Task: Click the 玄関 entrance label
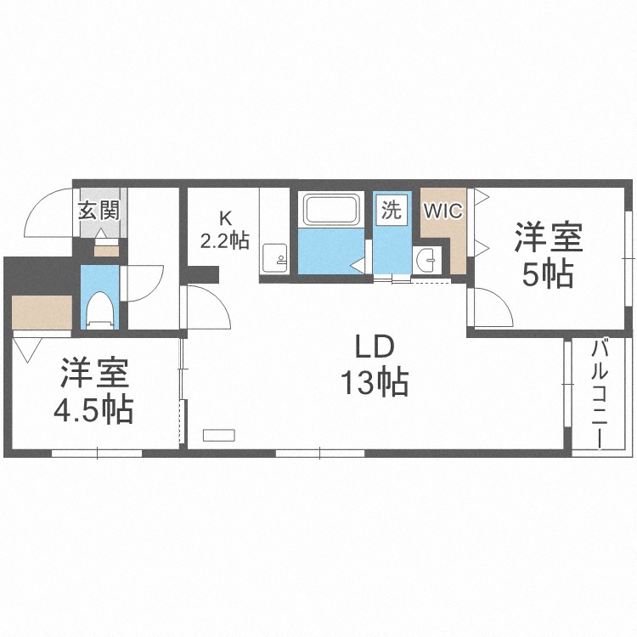pyautogui.click(x=99, y=211)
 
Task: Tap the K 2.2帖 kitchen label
pyautogui.click(x=225, y=230)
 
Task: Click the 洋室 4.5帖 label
pyautogui.click(x=94, y=391)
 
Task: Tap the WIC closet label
pyautogui.click(x=443, y=211)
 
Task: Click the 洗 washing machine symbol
pyautogui.click(x=392, y=211)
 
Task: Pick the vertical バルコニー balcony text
pyautogui.click(x=599, y=394)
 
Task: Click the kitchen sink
pyautogui.click(x=274, y=258)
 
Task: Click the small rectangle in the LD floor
pyautogui.click(x=218, y=435)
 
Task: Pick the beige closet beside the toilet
pyautogui.click(x=42, y=313)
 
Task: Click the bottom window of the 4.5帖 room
pyautogui.click(x=97, y=454)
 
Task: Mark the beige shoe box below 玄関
pyautogui.click(x=106, y=251)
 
